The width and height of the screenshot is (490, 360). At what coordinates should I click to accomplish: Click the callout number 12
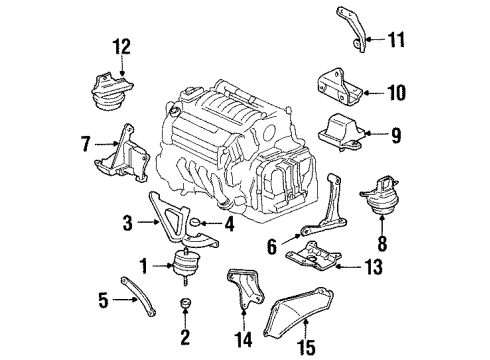[x=121, y=46]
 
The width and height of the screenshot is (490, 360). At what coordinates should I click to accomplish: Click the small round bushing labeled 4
[x=198, y=224]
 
